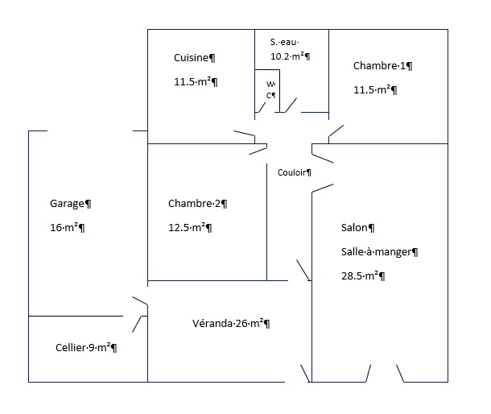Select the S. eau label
284,42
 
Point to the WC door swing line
262,107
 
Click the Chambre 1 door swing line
336,130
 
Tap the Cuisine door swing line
244,133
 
